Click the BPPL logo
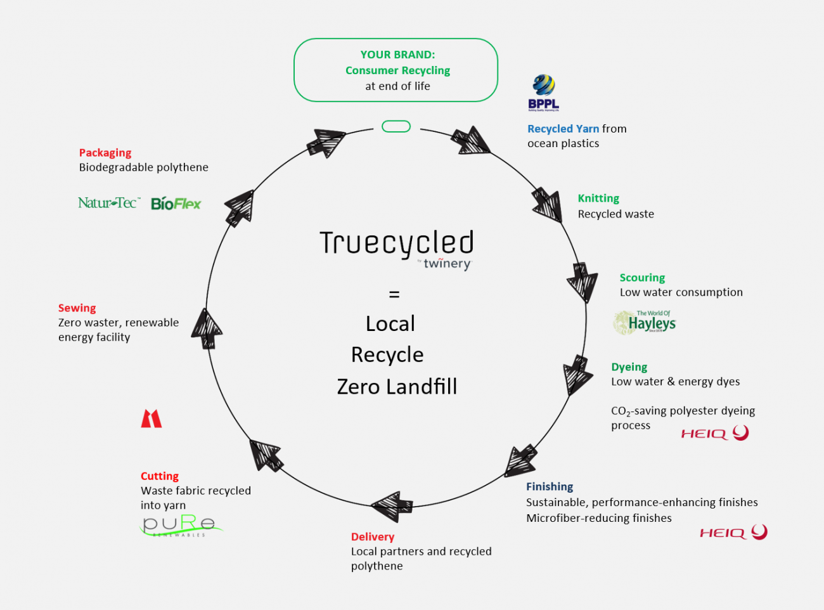[x=543, y=93]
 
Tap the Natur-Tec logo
[x=108, y=203]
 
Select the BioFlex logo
[x=176, y=204]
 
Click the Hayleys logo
[x=644, y=323]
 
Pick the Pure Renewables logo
[x=181, y=526]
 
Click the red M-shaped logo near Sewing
[x=151, y=419]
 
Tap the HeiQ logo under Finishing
[x=733, y=532]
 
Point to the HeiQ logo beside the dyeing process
[x=714, y=433]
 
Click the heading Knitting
[x=598, y=198]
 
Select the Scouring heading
[x=642, y=278]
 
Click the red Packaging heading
[x=105, y=153]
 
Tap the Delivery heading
[x=373, y=537]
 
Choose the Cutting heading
[x=160, y=476]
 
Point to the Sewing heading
[x=77, y=308]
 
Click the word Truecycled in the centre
[x=397, y=243]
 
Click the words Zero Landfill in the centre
[x=397, y=387]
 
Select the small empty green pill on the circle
[x=396, y=127]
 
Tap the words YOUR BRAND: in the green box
[x=397, y=55]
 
